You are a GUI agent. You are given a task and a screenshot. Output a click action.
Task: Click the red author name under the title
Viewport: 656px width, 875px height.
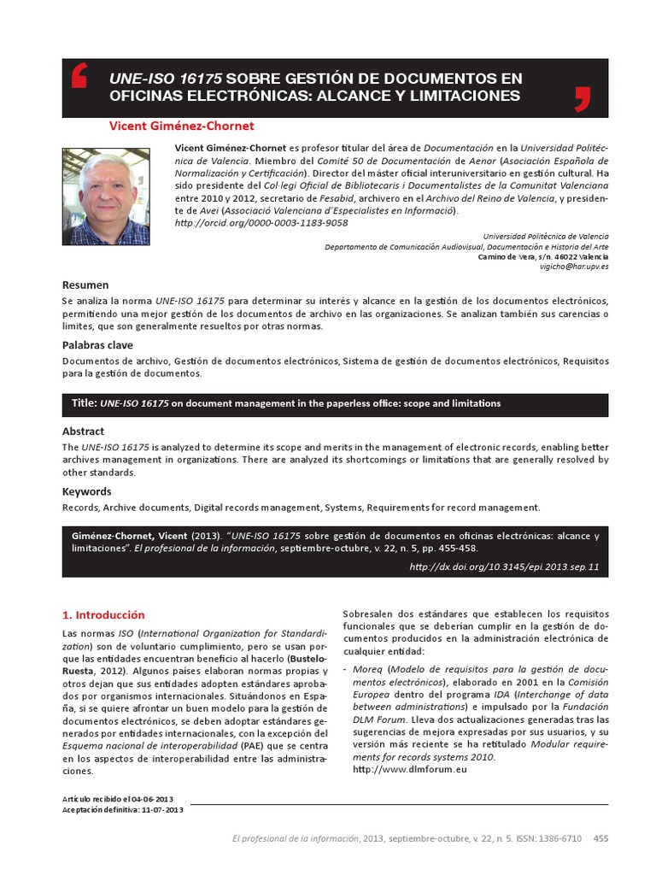pos(181,126)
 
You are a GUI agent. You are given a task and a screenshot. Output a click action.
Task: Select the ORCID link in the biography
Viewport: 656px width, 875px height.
pos(261,222)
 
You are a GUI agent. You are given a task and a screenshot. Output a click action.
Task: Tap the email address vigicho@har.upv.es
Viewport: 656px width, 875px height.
pos(574,267)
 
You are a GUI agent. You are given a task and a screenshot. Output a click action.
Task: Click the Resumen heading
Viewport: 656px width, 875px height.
pos(85,285)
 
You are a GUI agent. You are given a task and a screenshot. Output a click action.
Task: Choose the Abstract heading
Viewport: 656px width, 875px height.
pos(83,432)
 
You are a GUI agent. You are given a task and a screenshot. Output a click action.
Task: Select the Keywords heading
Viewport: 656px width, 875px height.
pos(87,491)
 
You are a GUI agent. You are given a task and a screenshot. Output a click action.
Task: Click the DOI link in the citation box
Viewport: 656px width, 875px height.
pos(504,566)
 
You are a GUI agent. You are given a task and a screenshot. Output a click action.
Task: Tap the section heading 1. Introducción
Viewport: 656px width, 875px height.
pos(103,614)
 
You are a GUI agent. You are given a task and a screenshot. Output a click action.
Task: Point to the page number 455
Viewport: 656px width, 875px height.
pos(600,838)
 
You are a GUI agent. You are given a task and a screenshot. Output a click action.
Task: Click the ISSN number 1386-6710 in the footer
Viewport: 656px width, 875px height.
pos(559,838)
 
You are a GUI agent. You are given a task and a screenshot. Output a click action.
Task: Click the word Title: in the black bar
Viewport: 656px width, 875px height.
pos(84,402)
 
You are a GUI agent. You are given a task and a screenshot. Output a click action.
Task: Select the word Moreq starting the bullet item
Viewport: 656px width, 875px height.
pos(367,670)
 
